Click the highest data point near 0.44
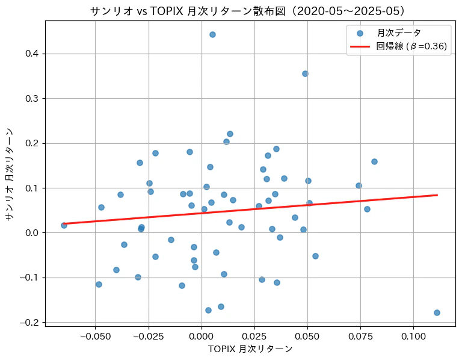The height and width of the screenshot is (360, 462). coord(212,34)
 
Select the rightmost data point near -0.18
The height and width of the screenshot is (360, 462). coord(437,312)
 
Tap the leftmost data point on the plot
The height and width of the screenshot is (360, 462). coord(64,225)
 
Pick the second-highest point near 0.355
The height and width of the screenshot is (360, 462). coord(305,73)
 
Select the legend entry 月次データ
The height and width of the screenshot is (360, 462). coord(399,33)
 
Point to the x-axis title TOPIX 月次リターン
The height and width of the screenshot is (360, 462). coord(250,349)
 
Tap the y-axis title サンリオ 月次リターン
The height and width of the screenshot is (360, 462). coord(8,173)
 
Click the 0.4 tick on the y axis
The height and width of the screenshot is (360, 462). coord(33,54)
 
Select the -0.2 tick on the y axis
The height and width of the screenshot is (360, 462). coord(31,323)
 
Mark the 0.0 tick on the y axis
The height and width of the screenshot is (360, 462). coord(33,233)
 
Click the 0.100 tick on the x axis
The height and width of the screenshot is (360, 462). coord(413,334)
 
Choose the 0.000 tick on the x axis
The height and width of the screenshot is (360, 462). coord(201,334)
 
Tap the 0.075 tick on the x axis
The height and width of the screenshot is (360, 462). coord(360,334)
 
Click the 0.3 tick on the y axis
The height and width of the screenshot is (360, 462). coord(33,99)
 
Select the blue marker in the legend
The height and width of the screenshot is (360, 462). coord(360,33)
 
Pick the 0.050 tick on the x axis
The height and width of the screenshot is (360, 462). coord(307,334)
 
